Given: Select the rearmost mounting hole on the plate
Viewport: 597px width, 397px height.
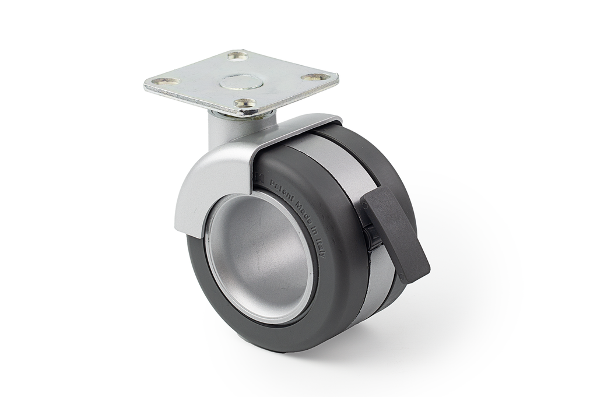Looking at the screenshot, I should pos(237,56).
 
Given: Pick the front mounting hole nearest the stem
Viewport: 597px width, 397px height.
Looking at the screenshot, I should pos(245,103).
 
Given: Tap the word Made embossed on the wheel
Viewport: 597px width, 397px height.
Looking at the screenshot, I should pos(303,212).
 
